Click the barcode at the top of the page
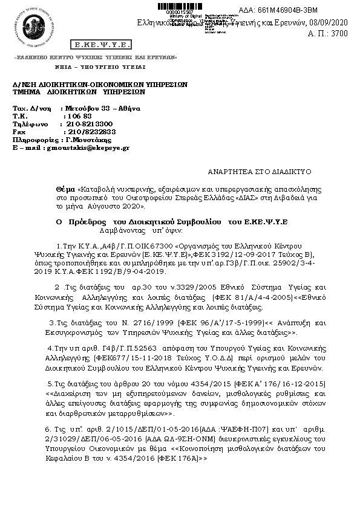[182, 7]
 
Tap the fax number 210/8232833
[92, 131]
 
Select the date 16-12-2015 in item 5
[305, 384]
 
